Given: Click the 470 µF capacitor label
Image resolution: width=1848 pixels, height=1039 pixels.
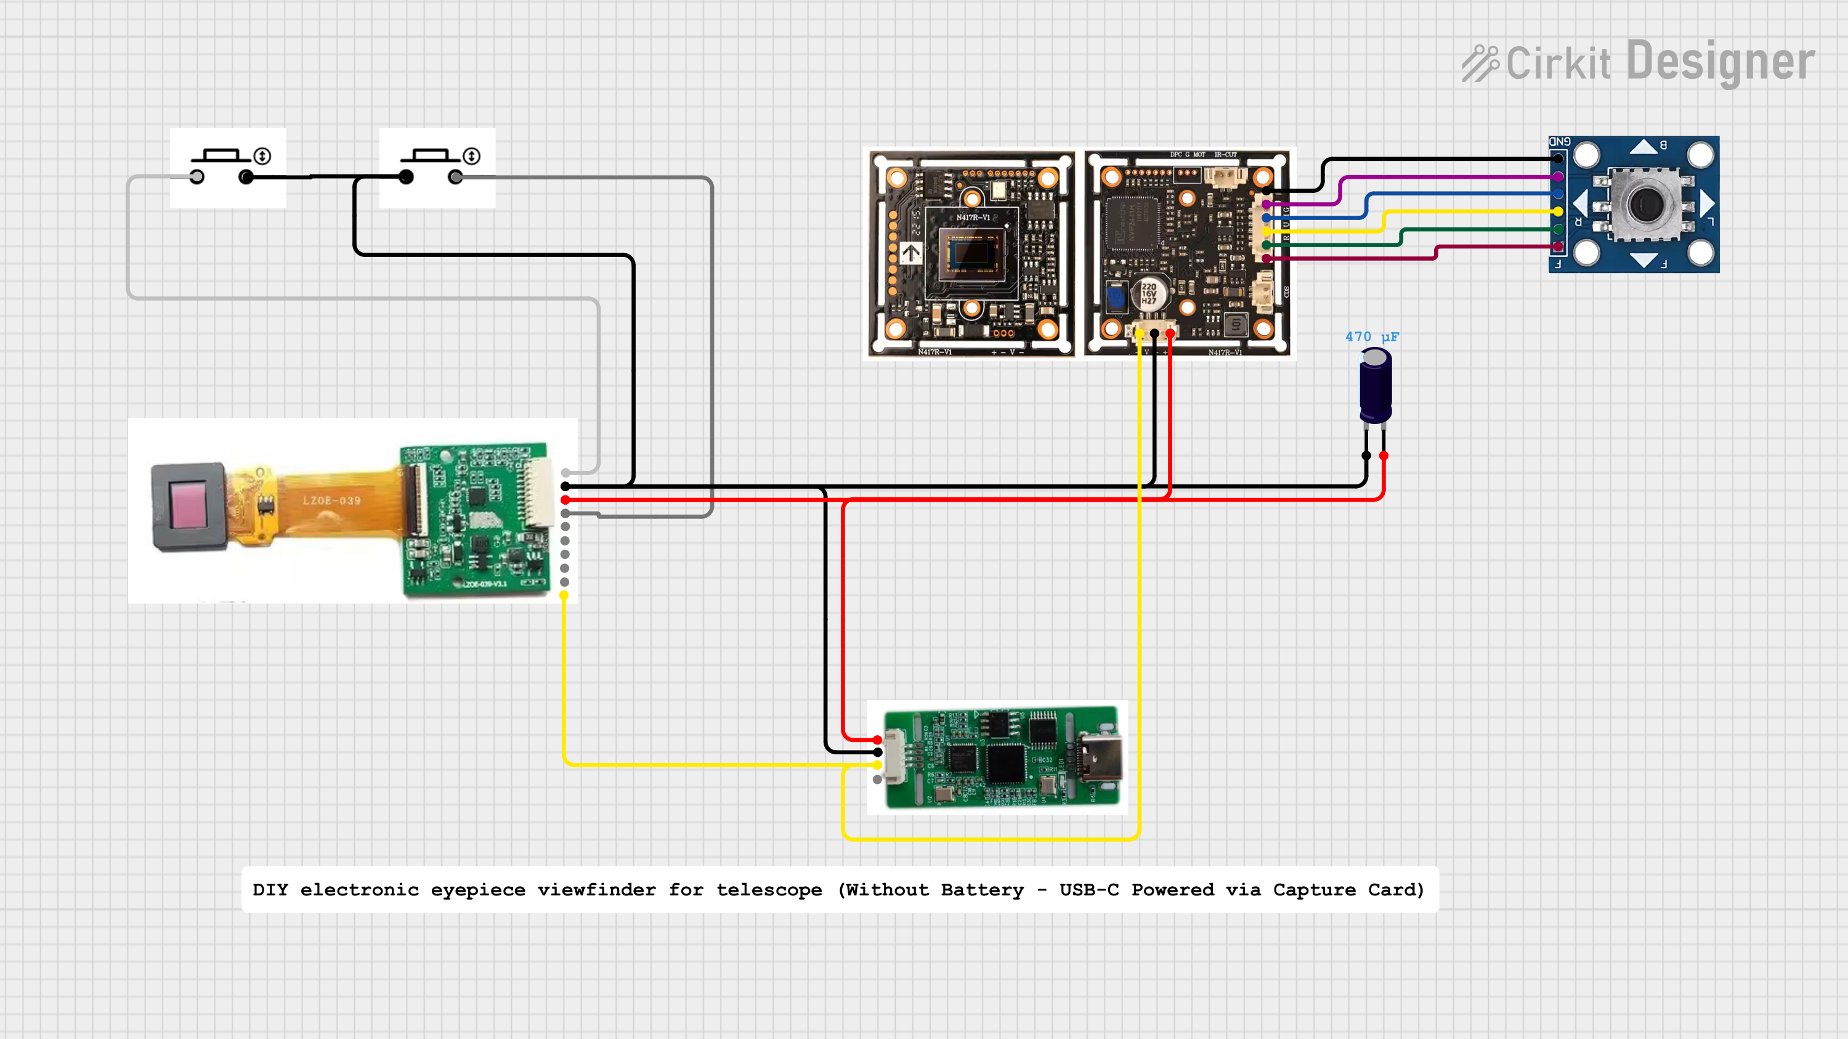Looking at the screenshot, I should click(1371, 336).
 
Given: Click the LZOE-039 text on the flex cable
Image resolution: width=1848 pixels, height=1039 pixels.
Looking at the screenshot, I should click(331, 501).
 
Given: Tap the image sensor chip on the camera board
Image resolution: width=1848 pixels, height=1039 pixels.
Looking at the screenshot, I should click(972, 253).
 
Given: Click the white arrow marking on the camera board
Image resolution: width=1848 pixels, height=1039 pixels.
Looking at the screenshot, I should click(911, 253).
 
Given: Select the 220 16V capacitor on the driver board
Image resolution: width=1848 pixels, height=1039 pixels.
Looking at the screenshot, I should click(1149, 293).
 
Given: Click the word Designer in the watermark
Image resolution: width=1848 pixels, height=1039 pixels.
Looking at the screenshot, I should click(1720, 62).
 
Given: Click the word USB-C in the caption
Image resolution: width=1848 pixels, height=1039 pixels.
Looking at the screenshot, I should click(1088, 890).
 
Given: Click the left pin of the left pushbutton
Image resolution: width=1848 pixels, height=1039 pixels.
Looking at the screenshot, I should click(197, 177).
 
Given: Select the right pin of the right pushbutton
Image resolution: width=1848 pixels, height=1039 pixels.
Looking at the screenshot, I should click(456, 177).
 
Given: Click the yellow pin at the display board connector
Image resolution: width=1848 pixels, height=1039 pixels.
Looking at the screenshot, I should click(565, 595).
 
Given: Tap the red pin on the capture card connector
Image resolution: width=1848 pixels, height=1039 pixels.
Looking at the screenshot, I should click(877, 740).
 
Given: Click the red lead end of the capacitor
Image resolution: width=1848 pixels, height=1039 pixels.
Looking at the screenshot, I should click(1383, 455).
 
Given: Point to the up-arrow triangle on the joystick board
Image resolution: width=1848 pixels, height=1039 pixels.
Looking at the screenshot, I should click(1643, 147).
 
